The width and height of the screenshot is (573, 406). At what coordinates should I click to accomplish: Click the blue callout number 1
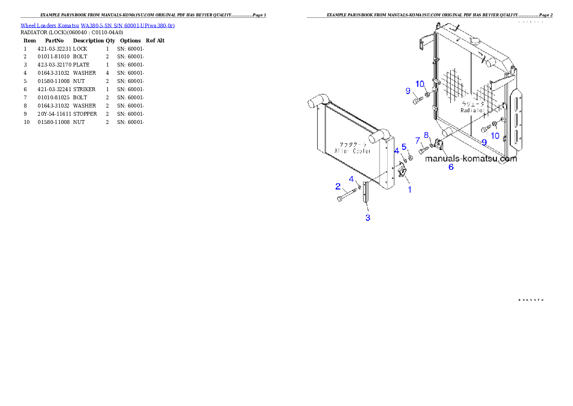coord(410,189)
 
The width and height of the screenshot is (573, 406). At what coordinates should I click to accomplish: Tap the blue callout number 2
coord(338,186)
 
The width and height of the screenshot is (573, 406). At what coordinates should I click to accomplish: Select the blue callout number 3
coord(368,217)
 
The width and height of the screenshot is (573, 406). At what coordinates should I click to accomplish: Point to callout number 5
coord(404,146)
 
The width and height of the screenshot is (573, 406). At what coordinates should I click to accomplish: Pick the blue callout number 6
coord(451,167)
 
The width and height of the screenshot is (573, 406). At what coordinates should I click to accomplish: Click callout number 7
coord(417,140)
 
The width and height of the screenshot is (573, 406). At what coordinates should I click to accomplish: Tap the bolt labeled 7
coord(423,150)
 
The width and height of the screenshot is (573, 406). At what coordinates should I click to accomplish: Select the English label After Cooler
coord(352,151)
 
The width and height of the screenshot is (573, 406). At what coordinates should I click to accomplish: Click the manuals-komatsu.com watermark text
coord(471,159)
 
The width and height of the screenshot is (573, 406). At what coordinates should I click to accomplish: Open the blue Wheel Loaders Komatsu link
coord(97,25)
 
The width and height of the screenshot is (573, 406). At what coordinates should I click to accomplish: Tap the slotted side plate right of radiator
coord(517,119)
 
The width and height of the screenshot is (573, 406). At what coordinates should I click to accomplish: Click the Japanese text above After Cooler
coord(353,144)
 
